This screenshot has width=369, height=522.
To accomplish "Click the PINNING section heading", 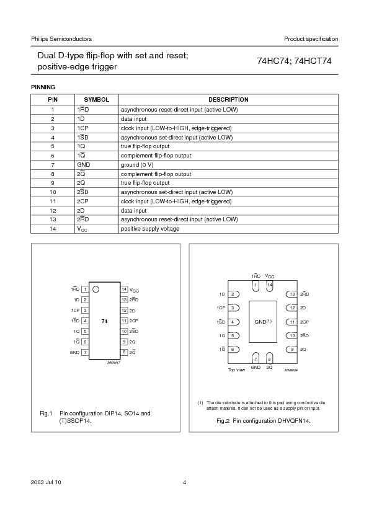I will [x=43, y=87].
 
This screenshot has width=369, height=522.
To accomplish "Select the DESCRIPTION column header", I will [x=228, y=99].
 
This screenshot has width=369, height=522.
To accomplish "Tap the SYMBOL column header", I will [x=96, y=99].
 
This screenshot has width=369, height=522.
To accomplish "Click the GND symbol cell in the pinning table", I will [x=84, y=166].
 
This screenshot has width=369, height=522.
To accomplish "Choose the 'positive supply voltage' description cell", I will [x=149, y=229].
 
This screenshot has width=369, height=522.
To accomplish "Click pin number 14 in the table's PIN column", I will [x=53, y=229].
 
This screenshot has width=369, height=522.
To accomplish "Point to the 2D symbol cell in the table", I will [x=81, y=211].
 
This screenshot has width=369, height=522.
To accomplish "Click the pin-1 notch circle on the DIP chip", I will [x=96, y=289].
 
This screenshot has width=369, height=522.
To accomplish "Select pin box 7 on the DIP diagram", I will [x=84, y=352].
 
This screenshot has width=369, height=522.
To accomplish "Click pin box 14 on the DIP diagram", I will [x=124, y=289].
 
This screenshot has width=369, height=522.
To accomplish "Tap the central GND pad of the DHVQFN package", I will [x=262, y=322].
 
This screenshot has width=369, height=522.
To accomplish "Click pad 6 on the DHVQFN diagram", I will [x=232, y=349].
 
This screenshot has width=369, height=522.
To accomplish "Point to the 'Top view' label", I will [x=236, y=369].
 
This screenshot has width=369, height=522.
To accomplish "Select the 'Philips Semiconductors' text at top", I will [x=61, y=39].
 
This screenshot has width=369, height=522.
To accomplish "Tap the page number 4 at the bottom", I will [x=184, y=482].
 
